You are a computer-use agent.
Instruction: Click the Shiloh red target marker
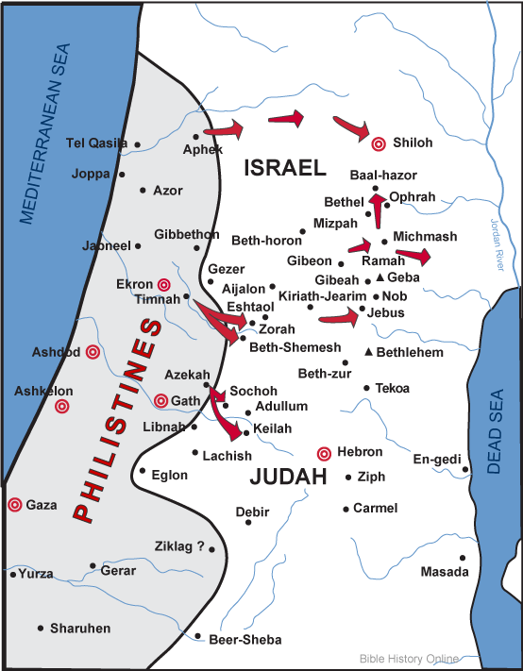tap(379, 143)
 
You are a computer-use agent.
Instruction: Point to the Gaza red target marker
tap(14, 505)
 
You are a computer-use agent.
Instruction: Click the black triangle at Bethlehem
tap(368, 352)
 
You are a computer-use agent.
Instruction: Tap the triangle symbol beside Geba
tap(380, 278)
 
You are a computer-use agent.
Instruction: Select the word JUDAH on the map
tap(288, 478)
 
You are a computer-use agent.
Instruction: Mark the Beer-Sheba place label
tap(245, 640)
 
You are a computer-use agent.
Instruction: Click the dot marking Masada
tap(463, 558)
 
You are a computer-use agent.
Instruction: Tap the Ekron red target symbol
tap(163, 284)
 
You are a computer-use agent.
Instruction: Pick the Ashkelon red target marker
tap(61, 407)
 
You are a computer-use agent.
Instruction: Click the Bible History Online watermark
tap(409, 658)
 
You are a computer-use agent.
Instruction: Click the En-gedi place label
tap(434, 459)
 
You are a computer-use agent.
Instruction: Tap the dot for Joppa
tap(121, 175)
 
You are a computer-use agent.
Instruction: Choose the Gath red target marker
tap(161, 400)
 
